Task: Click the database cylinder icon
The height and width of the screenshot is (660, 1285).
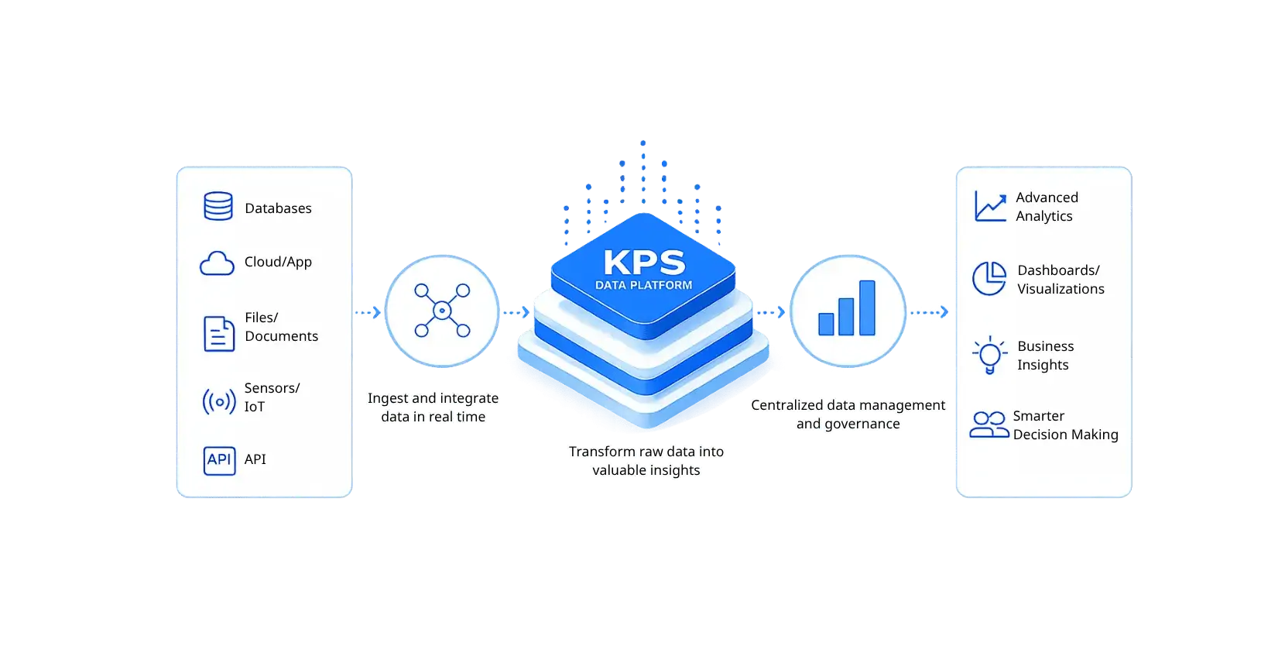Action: [218, 206]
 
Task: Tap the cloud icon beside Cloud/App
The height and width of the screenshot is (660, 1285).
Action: [217, 263]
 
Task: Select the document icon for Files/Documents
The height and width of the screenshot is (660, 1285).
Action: [218, 333]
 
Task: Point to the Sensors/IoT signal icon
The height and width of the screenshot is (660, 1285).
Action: [219, 402]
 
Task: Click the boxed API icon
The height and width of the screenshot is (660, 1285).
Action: [219, 460]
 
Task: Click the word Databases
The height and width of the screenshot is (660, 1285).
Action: [278, 208]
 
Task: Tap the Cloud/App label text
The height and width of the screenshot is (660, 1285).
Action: [278, 262]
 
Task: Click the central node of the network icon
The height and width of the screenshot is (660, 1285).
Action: [442, 311]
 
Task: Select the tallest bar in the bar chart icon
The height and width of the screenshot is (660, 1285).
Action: [867, 308]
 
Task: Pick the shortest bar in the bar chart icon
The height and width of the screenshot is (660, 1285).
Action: [826, 325]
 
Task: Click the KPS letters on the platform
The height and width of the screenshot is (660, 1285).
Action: [644, 263]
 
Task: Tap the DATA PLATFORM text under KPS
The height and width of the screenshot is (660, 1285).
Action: [643, 285]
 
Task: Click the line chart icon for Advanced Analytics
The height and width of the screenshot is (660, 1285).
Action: [991, 207]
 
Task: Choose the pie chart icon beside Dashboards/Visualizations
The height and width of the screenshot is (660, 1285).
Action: [989, 278]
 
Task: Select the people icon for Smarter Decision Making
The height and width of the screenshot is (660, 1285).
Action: [989, 425]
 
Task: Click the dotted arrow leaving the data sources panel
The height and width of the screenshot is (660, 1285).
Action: [368, 312]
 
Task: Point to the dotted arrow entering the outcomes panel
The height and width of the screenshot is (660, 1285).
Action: [930, 312]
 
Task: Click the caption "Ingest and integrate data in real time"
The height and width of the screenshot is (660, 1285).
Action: [433, 407]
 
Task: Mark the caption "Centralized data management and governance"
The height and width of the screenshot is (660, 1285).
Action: [848, 414]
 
